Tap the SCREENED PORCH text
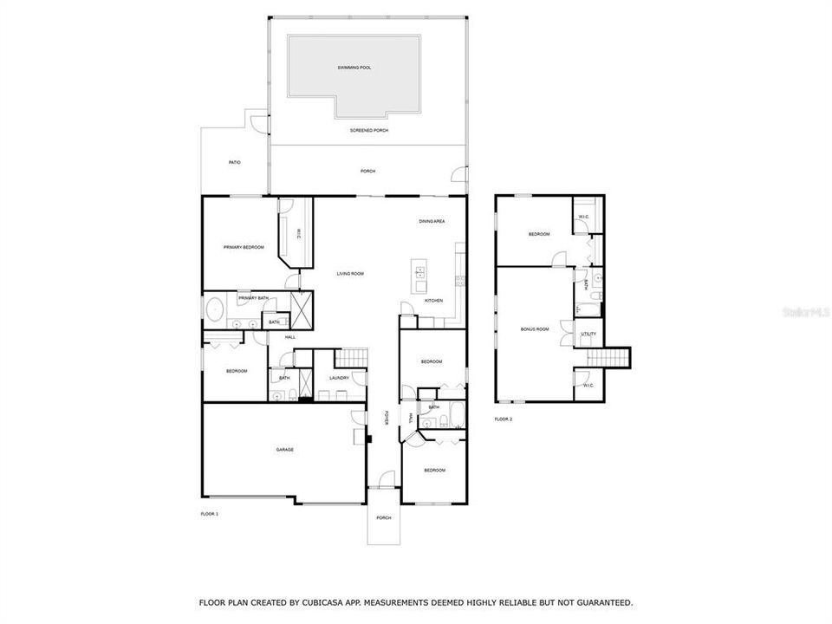point(368,130)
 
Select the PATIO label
point(234,162)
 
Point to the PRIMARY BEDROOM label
point(243,248)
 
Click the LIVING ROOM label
point(350,274)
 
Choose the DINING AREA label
point(432,222)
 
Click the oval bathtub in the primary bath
point(213,309)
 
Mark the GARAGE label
point(284,450)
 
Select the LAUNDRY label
point(339,378)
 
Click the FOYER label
point(387,418)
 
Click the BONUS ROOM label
point(535,329)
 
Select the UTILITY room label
point(588,334)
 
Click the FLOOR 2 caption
point(504,419)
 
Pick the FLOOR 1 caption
point(209,514)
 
